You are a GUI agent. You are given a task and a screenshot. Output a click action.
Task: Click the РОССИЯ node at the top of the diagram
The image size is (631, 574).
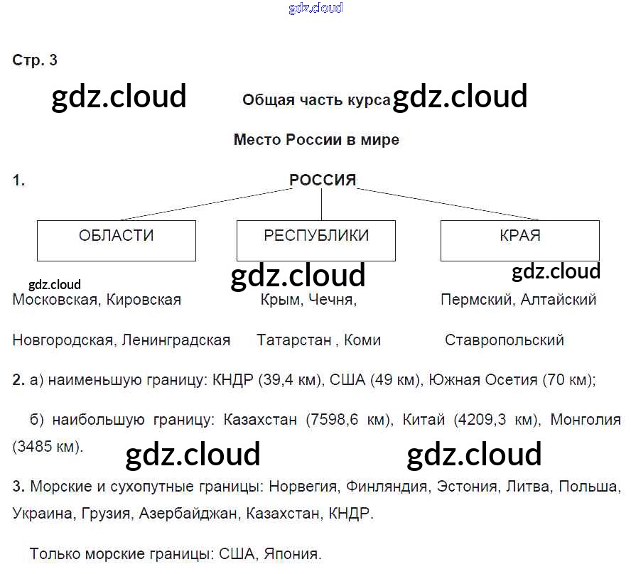pyautogui.click(x=322, y=180)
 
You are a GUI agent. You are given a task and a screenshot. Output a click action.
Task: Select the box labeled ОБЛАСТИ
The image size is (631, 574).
pyautogui.click(x=116, y=240)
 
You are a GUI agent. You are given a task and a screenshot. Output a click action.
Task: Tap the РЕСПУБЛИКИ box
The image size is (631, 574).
pyautogui.click(x=316, y=240)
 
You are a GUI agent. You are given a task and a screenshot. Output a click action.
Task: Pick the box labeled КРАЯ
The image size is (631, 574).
pyautogui.click(x=519, y=240)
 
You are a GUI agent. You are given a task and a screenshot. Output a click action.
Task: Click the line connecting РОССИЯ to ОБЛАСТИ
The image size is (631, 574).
pyautogui.click(x=206, y=205)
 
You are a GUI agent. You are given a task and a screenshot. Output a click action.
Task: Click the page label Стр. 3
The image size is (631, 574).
pyautogui.click(x=35, y=60)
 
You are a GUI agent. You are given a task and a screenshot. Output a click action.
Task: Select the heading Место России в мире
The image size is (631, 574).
pyautogui.click(x=316, y=140)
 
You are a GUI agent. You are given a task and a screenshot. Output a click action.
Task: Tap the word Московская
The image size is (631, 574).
pyautogui.click(x=54, y=300)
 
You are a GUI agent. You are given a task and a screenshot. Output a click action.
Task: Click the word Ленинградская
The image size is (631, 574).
pyautogui.click(x=176, y=340)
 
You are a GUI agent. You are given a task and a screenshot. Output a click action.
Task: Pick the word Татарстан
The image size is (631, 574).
pyautogui.click(x=294, y=340)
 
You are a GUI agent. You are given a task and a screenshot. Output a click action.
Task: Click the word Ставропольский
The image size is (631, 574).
pyautogui.click(x=505, y=340)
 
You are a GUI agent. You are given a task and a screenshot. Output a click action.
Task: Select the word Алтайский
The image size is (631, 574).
pyautogui.click(x=559, y=300)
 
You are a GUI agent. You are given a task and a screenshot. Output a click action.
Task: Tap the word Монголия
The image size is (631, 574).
pyautogui.click(x=586, y=420)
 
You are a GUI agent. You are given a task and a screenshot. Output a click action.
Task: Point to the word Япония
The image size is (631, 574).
pyautogui.click(x=291, y=553)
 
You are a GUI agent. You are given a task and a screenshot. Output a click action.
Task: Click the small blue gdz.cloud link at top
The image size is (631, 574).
pyautogui.click(x=315, y=9)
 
